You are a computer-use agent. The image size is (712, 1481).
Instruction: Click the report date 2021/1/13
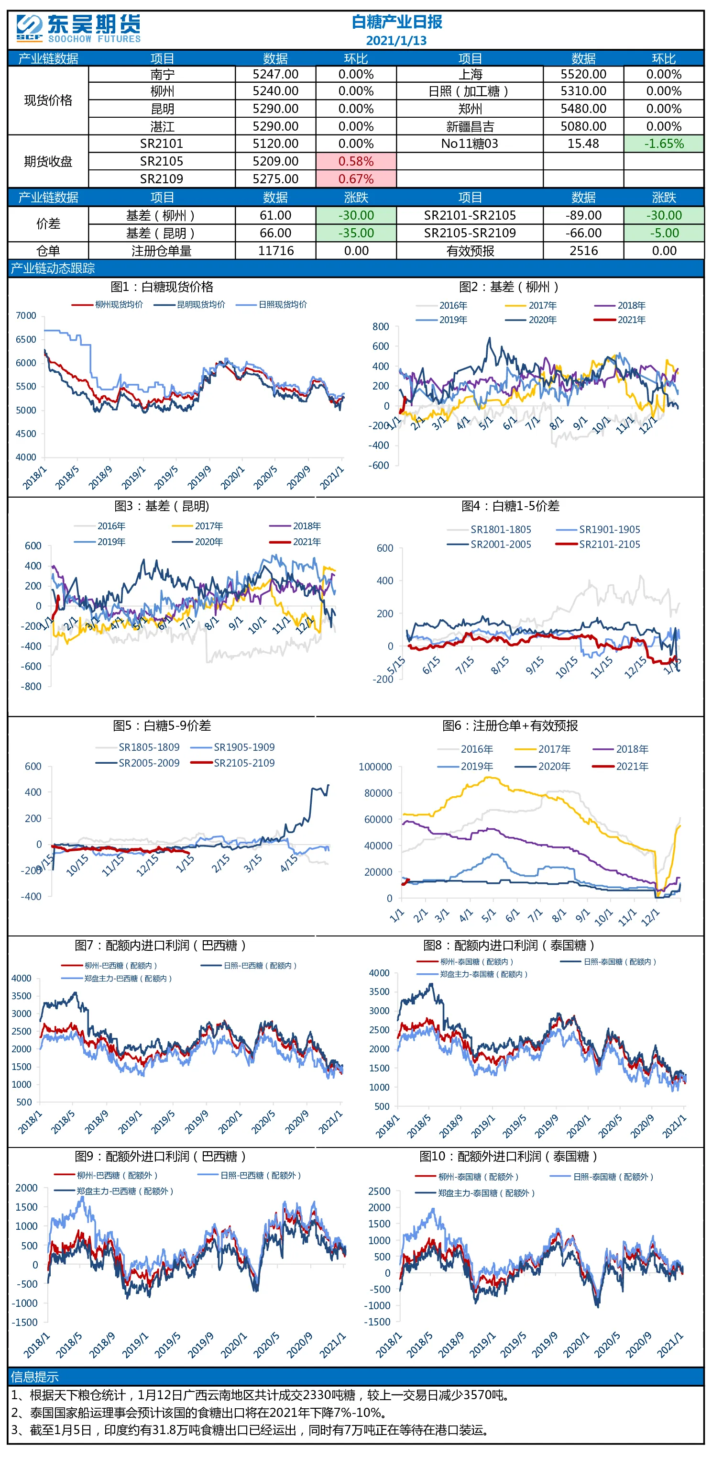pyautogui.click(x=396, y=40)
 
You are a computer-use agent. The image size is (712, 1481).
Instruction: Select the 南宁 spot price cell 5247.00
pyautogui.click(x=275, y=74)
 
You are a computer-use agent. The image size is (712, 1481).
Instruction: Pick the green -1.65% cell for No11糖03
pyautogui.click(x=664, y=144)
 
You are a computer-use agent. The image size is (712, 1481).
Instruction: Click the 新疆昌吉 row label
pyautogui.click(x=470, y=126)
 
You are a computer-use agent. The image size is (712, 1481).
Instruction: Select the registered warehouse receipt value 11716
pyautogui.click(x=276, y=251)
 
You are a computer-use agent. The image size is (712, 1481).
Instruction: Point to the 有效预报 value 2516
pyautogui.click(x=583, y=251)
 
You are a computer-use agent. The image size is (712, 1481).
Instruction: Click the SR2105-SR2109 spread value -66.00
pyautogui.click(x=583, y=233)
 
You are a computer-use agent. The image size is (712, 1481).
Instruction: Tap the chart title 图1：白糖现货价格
pyautogui.click(x=162, y=287)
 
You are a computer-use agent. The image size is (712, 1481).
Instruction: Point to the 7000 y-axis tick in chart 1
pyautogui.click(x=26, y=316)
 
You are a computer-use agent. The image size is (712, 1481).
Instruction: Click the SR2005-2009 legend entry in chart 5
pyautogui.click(x=137, y=763)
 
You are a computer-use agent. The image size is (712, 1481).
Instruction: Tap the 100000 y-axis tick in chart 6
pyautogui.click(x=375, y=767)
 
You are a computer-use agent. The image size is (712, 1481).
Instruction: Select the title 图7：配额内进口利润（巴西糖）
pyautogui.click(x=161, y=945)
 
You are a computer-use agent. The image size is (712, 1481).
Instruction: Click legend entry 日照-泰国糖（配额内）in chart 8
pyautogui.click(x=609, y=962)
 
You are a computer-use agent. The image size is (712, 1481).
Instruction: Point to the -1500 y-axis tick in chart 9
pyautogui.click(x=26, y=1322)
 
